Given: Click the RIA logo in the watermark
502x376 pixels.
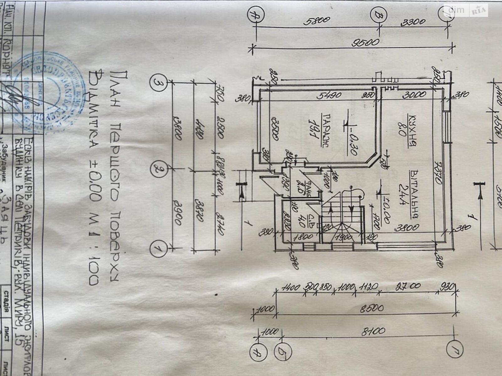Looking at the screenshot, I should click(x=479, y=11).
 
